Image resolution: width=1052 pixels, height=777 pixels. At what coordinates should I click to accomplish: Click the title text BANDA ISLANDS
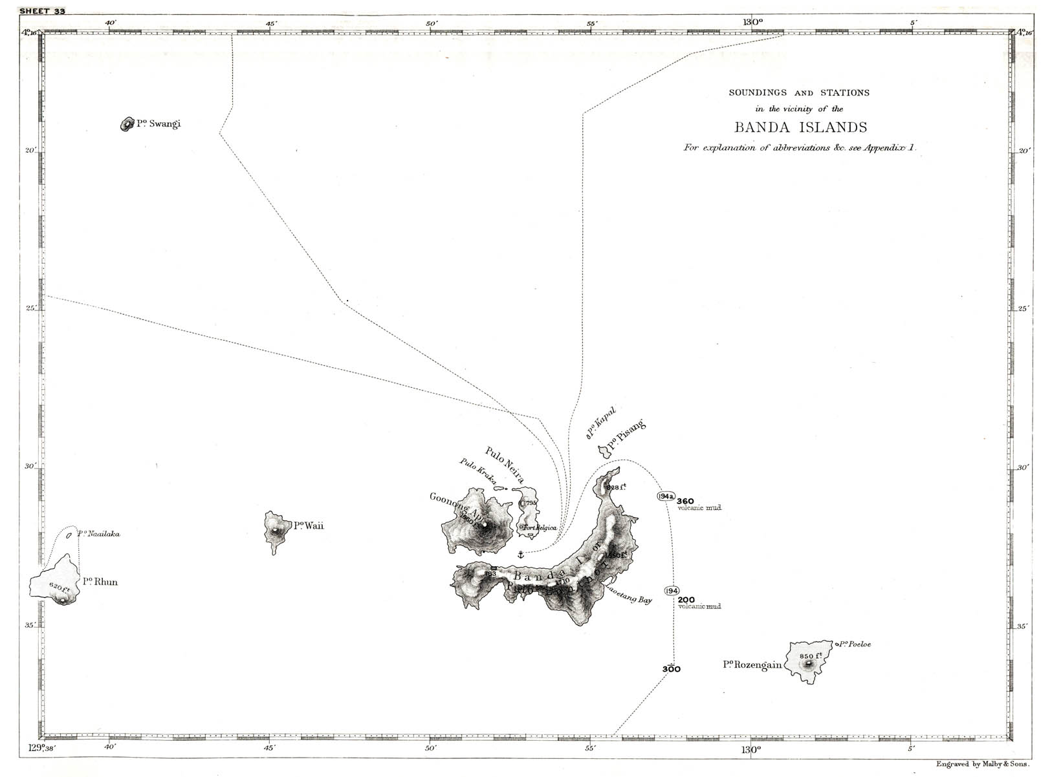pyautogui.click(x=800, y=127)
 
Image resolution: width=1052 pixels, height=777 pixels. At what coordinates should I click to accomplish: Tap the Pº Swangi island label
pyautogui.click(x=159, y=123)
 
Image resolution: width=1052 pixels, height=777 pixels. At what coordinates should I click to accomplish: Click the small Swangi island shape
pyautogui.click(x=126, y=124)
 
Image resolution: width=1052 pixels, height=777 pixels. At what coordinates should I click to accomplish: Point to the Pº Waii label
pyautogui.click(x=309, y=526)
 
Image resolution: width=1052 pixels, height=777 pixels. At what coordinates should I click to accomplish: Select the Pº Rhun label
pyautogui.click(x=100, y=582)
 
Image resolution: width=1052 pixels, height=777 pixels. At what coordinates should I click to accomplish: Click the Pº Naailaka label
pyautogui.click(x=98, y=534)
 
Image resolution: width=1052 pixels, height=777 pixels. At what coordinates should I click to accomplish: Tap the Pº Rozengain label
pyautogui.click(x=752, y=665)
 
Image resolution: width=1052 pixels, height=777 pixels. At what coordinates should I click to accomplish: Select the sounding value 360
pyautogui.click(x=685, y=501)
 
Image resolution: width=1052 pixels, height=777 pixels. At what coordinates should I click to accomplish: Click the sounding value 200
pyautogui.click(x=686, y=599)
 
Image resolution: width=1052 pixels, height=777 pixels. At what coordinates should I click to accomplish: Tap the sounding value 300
pyautogui.click(x=672, y=669)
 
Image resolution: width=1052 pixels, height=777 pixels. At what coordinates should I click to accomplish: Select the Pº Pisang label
pyautogui.click(x=626, y=434)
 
